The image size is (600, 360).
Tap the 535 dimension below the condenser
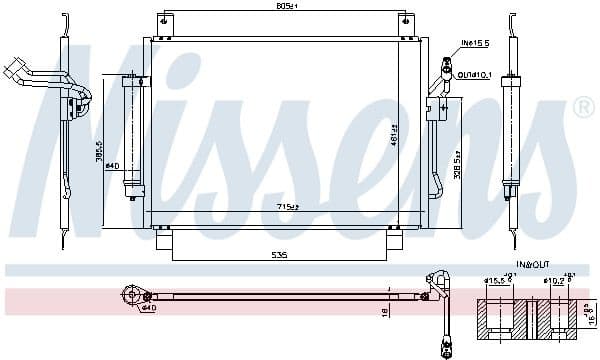[279, 256]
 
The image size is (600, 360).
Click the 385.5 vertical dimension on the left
[100, 152]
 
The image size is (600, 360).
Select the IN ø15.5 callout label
[474, 44]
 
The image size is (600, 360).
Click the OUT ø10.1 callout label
[475, 74]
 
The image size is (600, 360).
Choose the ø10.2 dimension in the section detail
[553, 280]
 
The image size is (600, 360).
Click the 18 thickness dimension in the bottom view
[385, 312]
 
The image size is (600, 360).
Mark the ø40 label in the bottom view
[149, 307]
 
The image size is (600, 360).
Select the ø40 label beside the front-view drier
[113, 165]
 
